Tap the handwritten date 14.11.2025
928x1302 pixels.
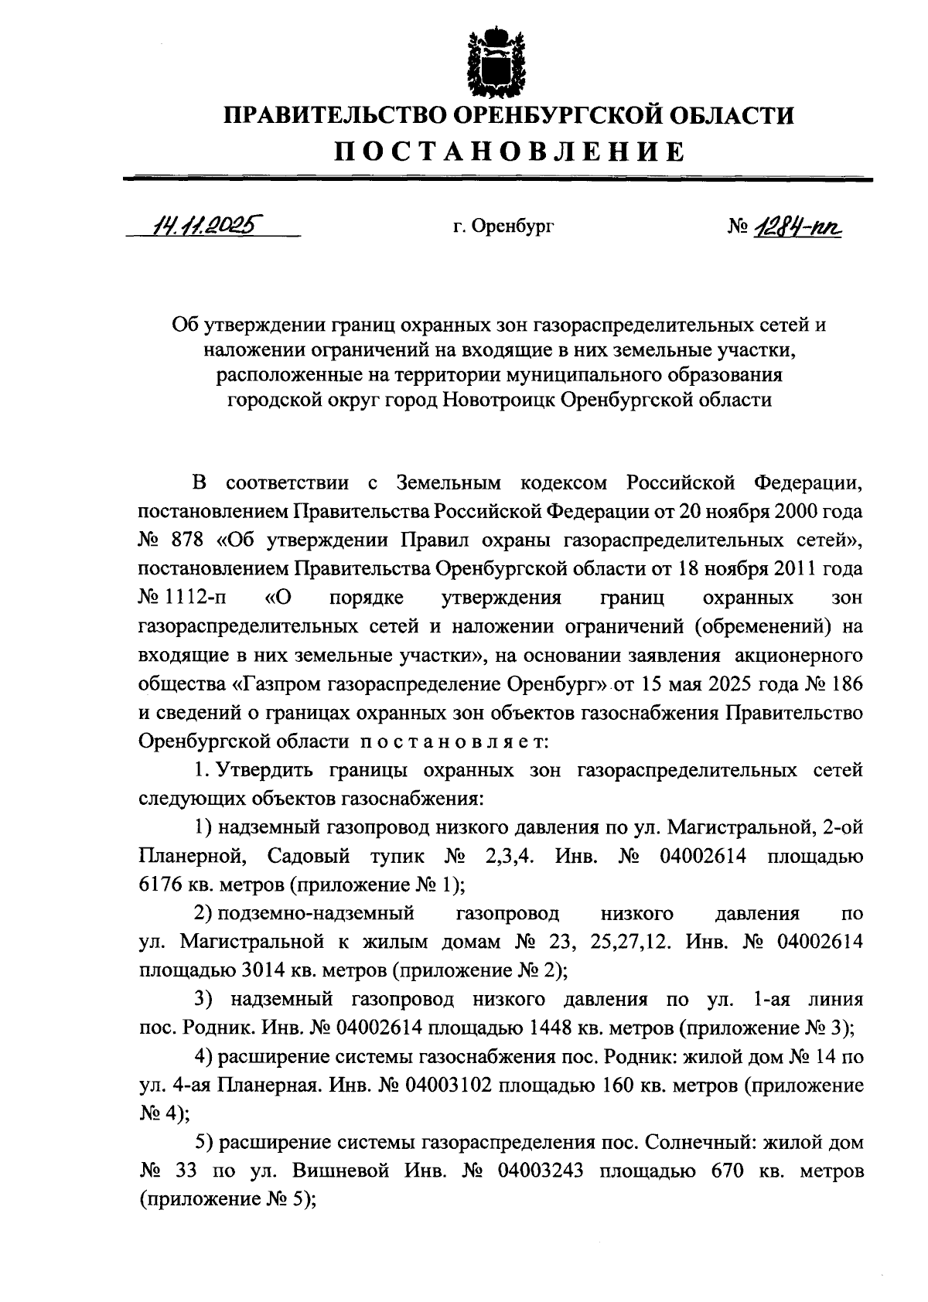pos(206,225)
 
